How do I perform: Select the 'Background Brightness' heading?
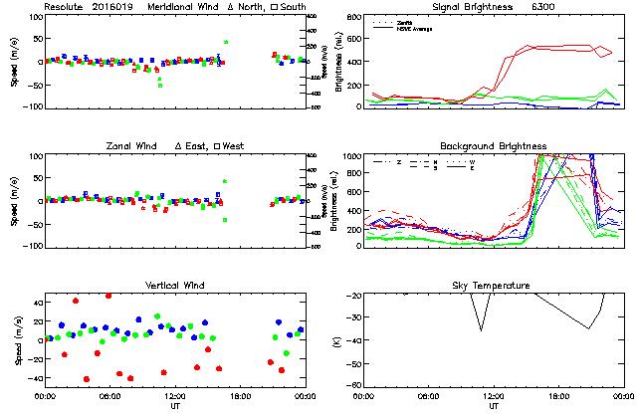pos(494,146)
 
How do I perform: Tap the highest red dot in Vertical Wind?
pos(108,296)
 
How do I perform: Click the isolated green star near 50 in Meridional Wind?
pos(226,42)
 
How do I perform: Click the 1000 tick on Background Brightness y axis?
pos(350,156)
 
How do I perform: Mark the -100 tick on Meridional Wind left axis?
pos(30,106)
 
